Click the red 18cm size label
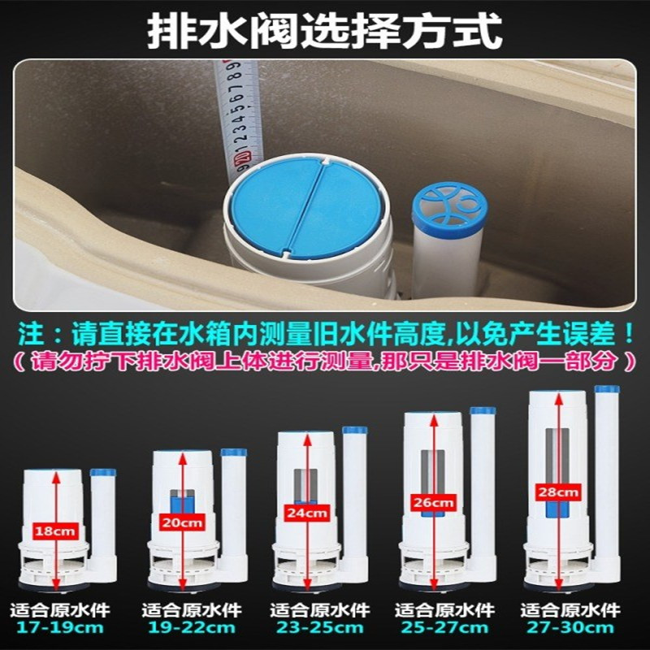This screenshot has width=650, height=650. tap(55, 531)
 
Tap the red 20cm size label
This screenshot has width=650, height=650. tap(182, 522)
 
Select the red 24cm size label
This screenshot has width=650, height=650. tap(307, 513)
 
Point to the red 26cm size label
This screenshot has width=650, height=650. tap(434, 502)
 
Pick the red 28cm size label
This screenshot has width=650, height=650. tap(558, 492)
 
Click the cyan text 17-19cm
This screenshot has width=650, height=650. tap(59, 627)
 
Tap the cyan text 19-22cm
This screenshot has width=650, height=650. tap(192, 627)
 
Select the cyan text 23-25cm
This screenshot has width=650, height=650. tap(319, 627)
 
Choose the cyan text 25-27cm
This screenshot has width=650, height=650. tap(444, 627)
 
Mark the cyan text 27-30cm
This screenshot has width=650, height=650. tap(570, 627)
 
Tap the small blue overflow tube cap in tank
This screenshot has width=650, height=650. tap(450, 206)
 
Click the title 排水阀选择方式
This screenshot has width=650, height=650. tap(325, 32)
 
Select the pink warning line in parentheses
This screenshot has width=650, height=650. tap(325, 362)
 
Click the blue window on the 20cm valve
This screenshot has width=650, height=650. tap(182, 502)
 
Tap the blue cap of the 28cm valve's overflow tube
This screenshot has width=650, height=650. tap(607, 389)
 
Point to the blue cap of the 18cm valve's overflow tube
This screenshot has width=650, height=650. tap(103, 473)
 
